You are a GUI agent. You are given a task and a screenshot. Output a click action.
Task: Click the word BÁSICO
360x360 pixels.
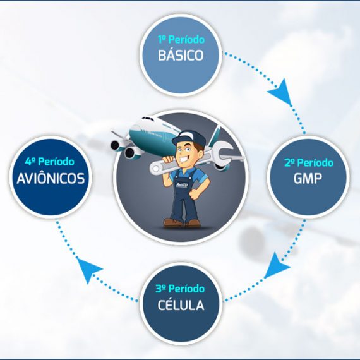[181, 55]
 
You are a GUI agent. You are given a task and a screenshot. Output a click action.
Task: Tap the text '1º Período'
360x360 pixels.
[181, 40]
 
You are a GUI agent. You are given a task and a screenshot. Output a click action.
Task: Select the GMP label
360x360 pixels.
[308, 178]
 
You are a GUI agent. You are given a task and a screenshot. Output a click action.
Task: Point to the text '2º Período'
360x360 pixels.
[309, 163]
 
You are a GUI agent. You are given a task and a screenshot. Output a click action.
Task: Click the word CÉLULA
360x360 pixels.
[181, 305]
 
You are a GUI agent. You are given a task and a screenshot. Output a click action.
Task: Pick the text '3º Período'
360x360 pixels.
[180, 289]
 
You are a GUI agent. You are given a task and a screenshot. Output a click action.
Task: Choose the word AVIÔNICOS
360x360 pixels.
[51, 178]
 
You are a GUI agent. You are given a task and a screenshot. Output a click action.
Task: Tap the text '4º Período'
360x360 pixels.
[50, 162]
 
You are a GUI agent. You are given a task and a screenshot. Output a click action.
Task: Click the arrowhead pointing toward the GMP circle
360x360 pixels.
[281, 92]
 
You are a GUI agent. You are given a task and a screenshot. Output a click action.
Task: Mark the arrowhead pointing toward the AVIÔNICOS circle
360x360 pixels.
[88, 269]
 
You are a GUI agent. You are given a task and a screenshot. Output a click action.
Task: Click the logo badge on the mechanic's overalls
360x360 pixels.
[181, 185]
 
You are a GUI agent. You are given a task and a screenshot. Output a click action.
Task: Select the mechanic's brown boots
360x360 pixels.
[182, 223]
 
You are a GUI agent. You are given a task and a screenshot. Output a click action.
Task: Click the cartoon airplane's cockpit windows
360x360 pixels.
[147, 119]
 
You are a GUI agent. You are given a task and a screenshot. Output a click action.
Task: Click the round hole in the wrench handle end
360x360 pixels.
[156, 169]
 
